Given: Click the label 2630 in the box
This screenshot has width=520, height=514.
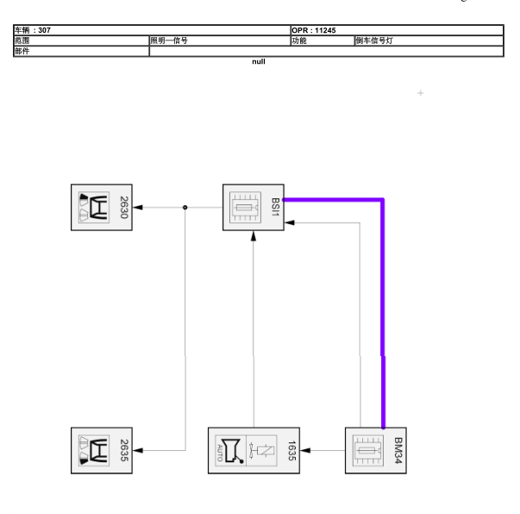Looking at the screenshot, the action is coord(123,207).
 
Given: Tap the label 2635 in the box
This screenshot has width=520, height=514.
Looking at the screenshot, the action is coord(123,450).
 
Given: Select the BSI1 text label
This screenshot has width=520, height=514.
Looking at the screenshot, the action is coord(275,207).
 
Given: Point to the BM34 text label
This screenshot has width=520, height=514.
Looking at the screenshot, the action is coord(398,450).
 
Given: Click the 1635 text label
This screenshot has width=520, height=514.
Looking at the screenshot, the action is coord(291,450).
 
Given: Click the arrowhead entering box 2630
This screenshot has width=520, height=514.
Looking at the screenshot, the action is coord(138,207).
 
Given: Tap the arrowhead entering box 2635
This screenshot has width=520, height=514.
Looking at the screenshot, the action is coord(138,450).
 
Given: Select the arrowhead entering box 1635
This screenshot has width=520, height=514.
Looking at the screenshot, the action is coord(305,450).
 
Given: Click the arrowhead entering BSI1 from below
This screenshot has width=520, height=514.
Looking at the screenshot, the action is coord(254,235).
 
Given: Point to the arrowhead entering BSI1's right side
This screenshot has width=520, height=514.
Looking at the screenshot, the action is coord(290,223).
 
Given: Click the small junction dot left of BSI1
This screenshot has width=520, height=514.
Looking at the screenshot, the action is coord(185,207).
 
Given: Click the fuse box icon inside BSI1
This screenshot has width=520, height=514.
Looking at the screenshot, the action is coord(245,207).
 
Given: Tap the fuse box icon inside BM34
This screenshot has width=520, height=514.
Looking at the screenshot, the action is coord(367,450).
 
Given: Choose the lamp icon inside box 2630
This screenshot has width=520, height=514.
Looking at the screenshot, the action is coord(94,207).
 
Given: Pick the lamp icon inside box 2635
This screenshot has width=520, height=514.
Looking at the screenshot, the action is coord(94,450).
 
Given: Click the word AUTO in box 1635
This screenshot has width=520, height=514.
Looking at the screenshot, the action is coord(220,453).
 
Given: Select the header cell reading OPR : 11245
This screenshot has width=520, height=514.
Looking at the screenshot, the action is coord(313,30).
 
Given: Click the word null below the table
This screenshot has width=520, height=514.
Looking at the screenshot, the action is coord(259,62).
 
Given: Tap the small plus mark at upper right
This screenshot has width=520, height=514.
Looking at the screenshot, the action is coord(420,93).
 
